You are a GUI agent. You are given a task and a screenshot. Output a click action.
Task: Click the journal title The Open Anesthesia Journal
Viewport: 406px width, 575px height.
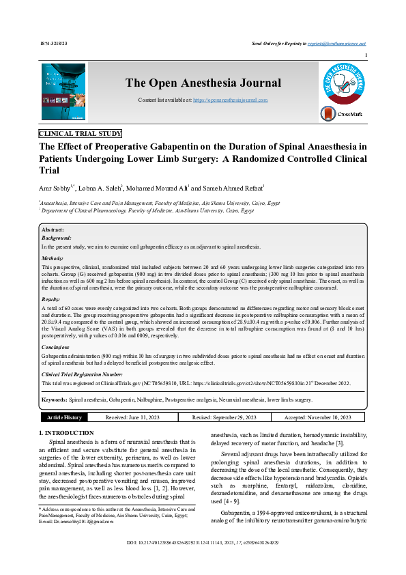[x=203, y=83]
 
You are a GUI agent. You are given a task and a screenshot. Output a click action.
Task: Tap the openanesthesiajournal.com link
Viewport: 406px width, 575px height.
[x=231, y=100]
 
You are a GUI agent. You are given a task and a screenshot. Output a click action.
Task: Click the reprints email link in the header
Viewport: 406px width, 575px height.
[x=344, y=43]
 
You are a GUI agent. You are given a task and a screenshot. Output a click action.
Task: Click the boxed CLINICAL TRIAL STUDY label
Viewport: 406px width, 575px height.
[x=81, y=134]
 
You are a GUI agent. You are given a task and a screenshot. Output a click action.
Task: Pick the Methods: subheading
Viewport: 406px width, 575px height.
[x=53, y=259]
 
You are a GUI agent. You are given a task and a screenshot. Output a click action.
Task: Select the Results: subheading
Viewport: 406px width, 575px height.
[x=51, y=300]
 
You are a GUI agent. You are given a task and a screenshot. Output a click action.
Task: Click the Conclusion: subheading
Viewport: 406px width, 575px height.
[x=55, y=348]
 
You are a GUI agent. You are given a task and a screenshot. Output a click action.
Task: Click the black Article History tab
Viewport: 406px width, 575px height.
[x=63, y=417]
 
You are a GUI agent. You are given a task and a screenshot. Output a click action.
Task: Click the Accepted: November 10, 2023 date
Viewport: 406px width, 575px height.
[x=317, y=417]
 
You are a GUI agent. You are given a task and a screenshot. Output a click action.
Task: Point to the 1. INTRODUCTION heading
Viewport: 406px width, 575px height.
[x=66, y=433]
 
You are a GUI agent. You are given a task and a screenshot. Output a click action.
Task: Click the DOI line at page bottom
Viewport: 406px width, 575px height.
[x=203, y=561]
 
